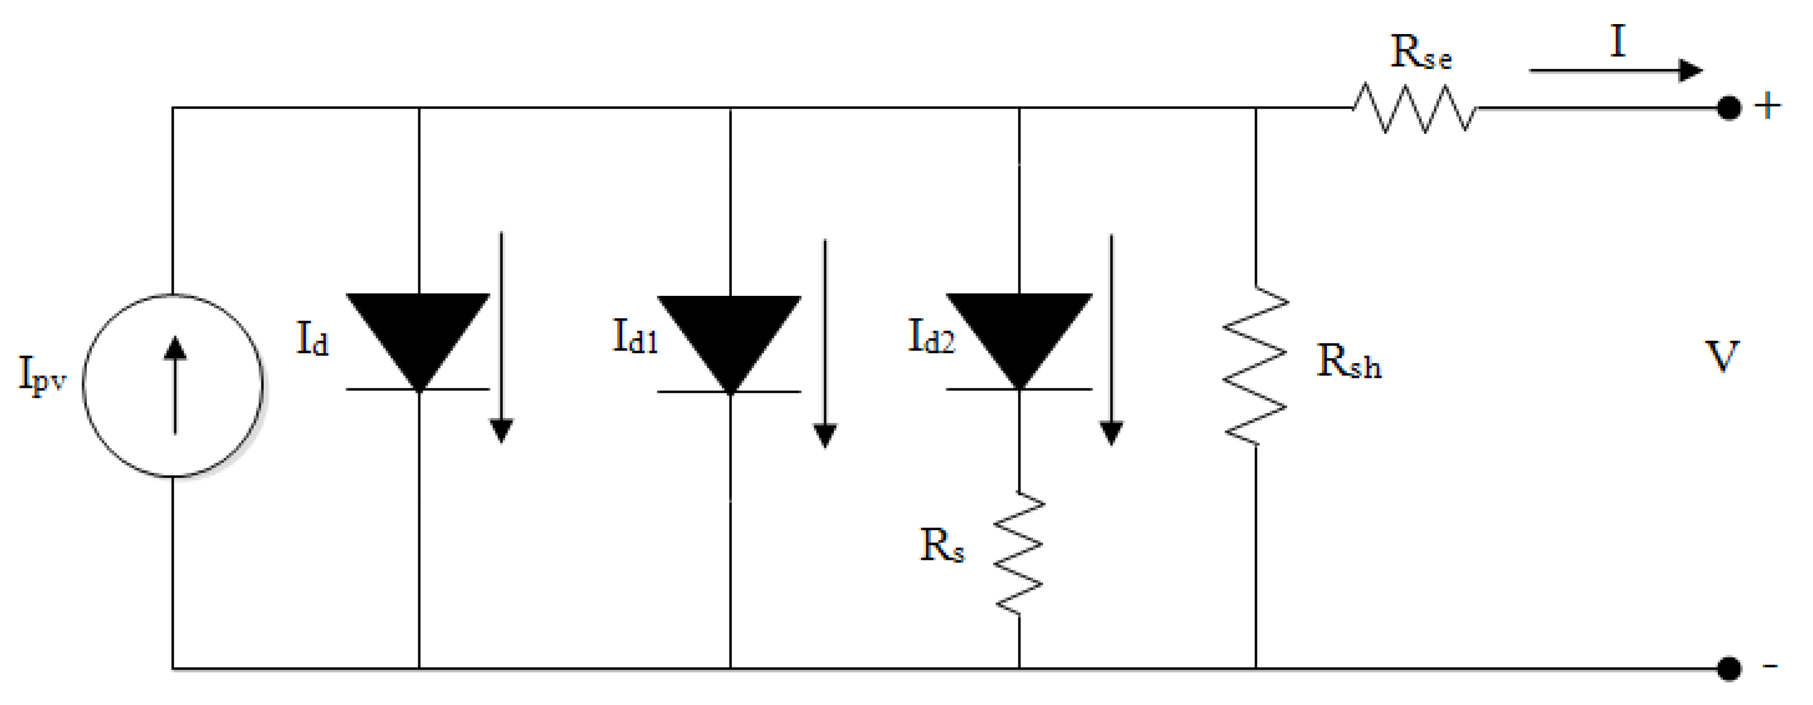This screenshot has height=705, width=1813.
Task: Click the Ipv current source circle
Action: (x=173, y=385)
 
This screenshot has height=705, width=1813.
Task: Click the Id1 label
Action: (x=635, y=336)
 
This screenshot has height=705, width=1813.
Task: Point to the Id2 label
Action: (x=931, y=336)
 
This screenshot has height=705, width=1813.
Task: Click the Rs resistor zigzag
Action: (x=1019, y=553)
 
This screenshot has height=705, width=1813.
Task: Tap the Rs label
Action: (x=941, y=546)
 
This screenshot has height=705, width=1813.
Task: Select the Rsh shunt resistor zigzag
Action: (x=1255, y=365)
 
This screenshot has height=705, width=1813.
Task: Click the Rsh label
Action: (x=1348, y=363)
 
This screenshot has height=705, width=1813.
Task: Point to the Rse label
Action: (x=1421, y=52)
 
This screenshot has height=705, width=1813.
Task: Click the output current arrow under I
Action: (x=1615, y=71)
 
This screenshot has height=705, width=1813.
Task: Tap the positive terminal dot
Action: (x=1729, y=109)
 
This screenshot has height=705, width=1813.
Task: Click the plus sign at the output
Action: (x=1767, y=107)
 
